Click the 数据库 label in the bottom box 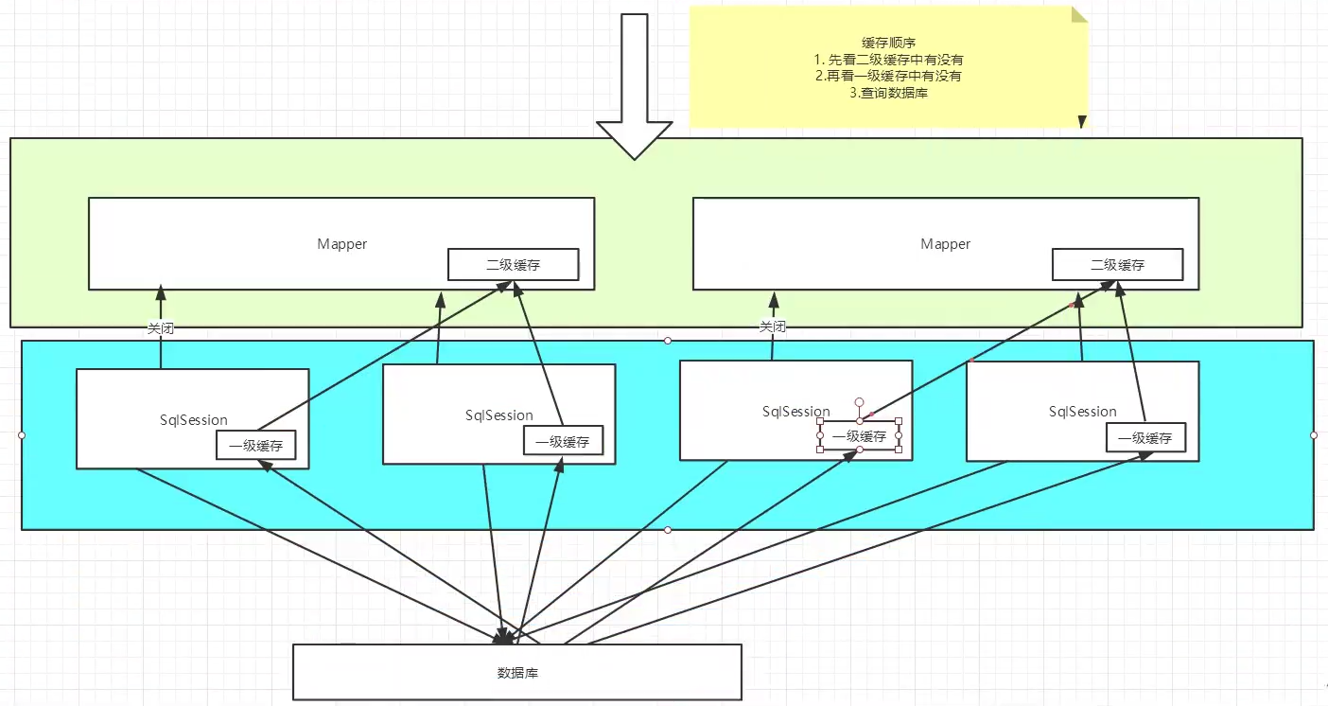pyautogui.click(x=517, y=673)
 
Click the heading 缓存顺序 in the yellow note pyautogui.click(x=887, y=43)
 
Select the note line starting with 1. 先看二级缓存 pyautogui.click(x=887, y=60)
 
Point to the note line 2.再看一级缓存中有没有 pyautogui.click(x=887, y=76)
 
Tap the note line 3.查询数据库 pyautogui.click(x=887, y=93)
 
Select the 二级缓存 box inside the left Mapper pyautogui.click(x=513, y=265)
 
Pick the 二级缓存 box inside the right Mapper pyautogui.click(x=1117, y=265)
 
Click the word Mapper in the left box pyautogui.click(x=341, y=244)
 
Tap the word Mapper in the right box pyautogui.click(x=945, y=244)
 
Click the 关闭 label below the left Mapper pyautogui.click(x=160, y=328)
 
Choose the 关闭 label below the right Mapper pyautogui.click(x=773, y=327)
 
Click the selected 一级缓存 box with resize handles pyautogui.click(x=859, y=436)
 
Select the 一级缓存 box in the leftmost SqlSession pyautogui.click(x=255, y=445)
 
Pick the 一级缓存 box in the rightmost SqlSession pyautogui.click(x=1145, y=438)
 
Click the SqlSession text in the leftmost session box pyautogui.click(x=193, y=419)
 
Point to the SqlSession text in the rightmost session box pyautogui.click(x=1082, y=412)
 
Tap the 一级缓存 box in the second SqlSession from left pyautogui.click(x=562, y=441)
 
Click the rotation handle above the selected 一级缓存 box pyautogui.click(x=859, y=401)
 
